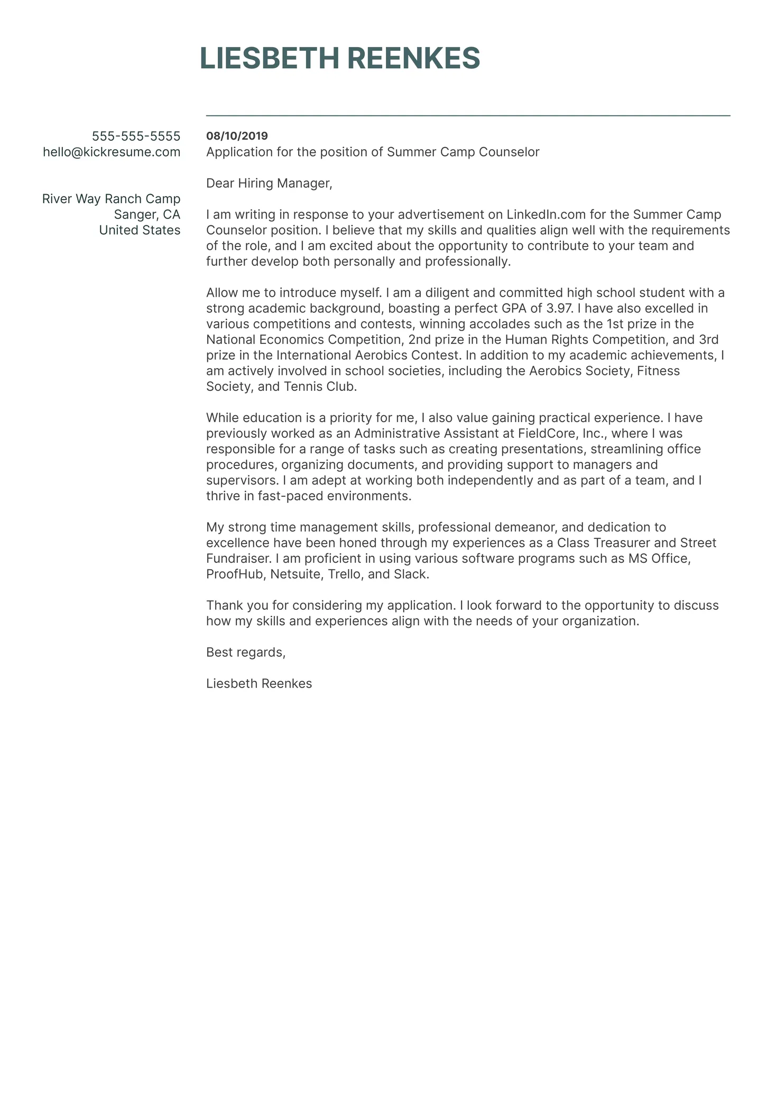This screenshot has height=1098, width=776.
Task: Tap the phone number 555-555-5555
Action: point(136,136)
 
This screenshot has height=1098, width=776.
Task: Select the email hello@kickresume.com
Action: point(112,152)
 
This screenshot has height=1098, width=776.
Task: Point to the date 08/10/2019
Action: point(237,136)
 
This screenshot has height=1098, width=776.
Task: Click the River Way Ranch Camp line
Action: point(111,199)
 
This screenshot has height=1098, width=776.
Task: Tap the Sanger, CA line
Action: point(147,215)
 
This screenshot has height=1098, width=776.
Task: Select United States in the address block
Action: point(140,230)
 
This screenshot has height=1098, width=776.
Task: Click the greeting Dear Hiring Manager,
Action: point(269,184)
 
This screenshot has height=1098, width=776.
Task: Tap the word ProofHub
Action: point(235,574)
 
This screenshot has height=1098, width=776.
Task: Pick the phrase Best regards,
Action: point(246,653)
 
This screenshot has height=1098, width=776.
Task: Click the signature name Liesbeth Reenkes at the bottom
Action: point(259,684)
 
